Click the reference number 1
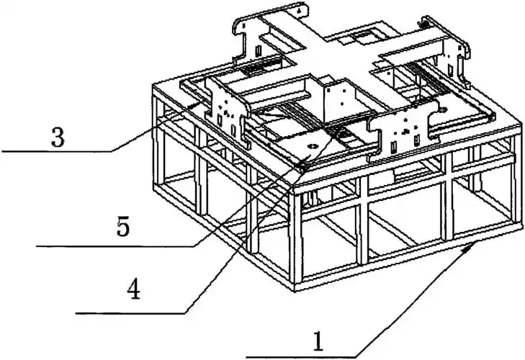point(318,341)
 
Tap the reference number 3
point(58,138)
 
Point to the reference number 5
point(123,226)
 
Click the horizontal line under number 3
point(57,151)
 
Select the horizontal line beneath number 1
point(301,357)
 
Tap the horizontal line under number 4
point(130,313)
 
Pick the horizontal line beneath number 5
point(115,246)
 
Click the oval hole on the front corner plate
point(313,146)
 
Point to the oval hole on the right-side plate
point(443,109)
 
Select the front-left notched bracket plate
point(228,110)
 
